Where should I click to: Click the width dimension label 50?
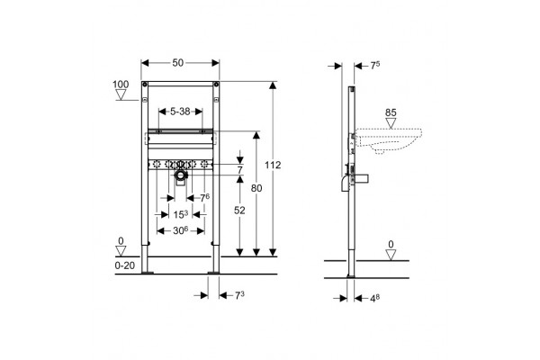[178, 63]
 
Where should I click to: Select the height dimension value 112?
[273, 165]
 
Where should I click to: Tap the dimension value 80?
[256, 188]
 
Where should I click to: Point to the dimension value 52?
[239, 210]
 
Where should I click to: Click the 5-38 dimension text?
[180, 112]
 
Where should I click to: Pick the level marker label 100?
[121, 84]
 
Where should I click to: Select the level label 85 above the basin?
[391, 112]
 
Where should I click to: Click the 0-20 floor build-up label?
[125, 265]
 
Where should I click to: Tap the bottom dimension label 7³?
[239, 295]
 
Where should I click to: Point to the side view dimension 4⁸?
[375, 298]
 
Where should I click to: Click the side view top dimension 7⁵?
[375, 65]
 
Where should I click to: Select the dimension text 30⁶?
[181, 230]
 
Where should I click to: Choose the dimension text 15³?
[181, 214]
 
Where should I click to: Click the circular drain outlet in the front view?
[180, 175]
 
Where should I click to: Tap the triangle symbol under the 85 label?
[391, 123]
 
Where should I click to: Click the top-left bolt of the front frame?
[145, 84]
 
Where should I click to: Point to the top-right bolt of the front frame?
[216, 84]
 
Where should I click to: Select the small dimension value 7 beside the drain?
[239, 170]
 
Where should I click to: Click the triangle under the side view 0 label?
[391, 255]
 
